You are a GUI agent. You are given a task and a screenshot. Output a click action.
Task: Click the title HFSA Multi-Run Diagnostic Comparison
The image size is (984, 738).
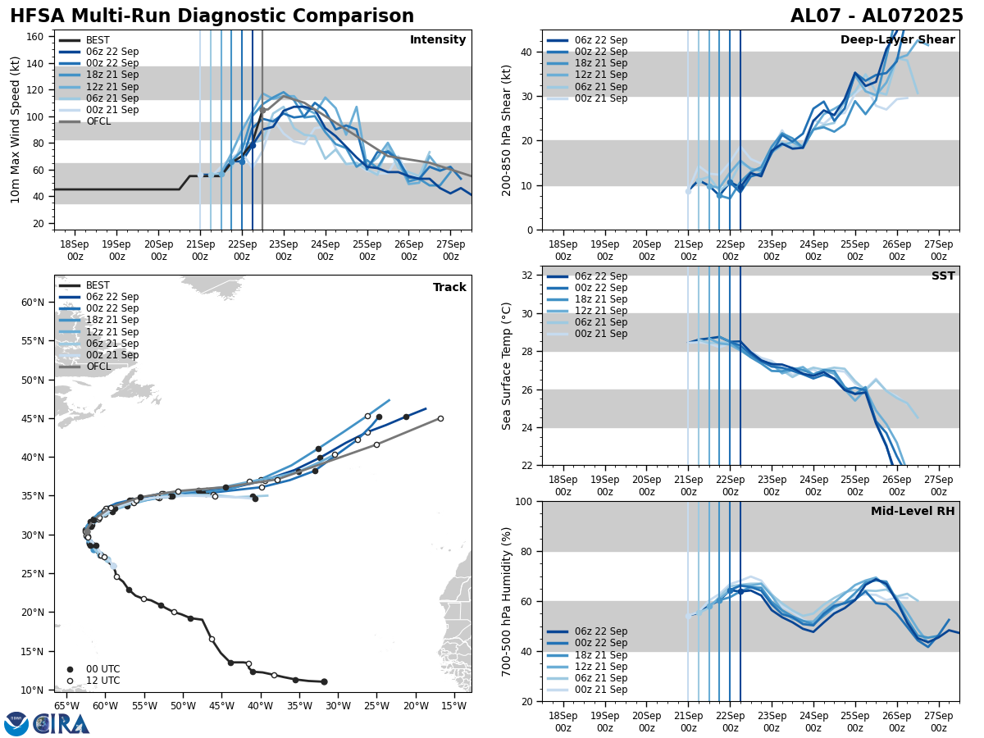pos(212,16)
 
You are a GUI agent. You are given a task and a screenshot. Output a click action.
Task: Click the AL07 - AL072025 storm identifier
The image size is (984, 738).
pos(877,16)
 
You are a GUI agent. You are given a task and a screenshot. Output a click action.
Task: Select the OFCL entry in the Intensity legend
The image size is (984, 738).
pos(98,121)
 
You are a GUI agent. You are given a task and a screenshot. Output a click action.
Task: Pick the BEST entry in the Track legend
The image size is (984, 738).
pos(98,285)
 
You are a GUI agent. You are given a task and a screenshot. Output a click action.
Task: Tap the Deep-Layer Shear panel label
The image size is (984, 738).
pos(897,40)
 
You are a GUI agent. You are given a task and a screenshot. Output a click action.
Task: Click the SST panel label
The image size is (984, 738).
pos(942,276)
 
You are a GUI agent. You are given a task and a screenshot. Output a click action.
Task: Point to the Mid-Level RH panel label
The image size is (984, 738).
pos(913,512)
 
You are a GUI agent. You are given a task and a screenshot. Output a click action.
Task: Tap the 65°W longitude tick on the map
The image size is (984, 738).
pos(66,706)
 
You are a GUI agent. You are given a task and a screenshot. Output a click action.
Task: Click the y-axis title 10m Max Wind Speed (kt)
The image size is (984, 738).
pos(16,130)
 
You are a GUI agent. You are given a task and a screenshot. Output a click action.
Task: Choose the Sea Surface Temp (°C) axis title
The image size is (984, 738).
pos(507,366)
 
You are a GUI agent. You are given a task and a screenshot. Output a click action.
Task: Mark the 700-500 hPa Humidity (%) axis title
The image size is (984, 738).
pos(507,601)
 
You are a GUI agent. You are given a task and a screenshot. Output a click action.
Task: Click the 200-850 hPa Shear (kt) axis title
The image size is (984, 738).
pos(507,130)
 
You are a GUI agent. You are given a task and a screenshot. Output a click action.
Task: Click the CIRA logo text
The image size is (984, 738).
pos(61,724)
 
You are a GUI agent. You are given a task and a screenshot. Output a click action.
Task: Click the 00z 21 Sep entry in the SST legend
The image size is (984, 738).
pos(602,334)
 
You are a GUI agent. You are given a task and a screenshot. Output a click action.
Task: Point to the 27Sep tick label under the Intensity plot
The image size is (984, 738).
pos(450,249)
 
